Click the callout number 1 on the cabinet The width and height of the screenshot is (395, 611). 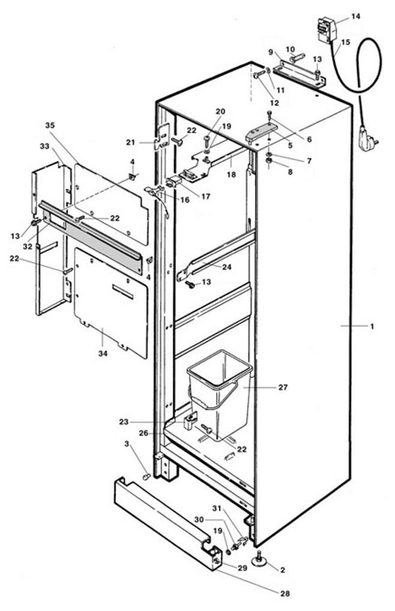coord(372,326)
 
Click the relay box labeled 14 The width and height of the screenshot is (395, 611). coord(327,29)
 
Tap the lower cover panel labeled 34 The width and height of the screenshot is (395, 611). coord(111,300)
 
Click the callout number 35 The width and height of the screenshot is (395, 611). coord(50,125)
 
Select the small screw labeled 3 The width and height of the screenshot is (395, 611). coord(146,477)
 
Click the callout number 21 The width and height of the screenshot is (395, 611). coord(130,142)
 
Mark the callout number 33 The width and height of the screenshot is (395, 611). coord(44,146)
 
